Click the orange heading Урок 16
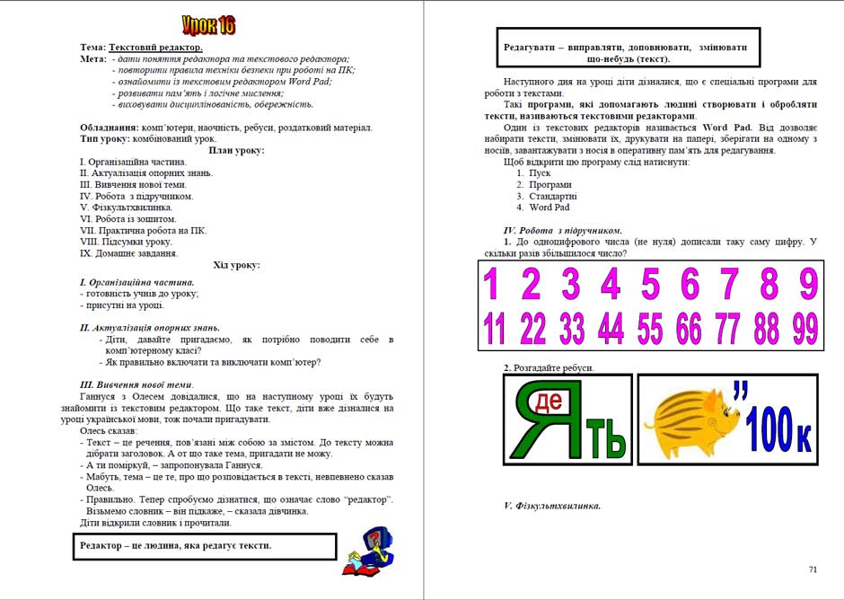coord(208,24)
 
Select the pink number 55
coord(651,329)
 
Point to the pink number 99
coord(805,329)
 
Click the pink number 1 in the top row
coord(492,285)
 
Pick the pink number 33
coord(571,329)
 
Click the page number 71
coord(813,569)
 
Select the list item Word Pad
coord(549,207)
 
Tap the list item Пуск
coord(540,172)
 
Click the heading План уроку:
coord(236,150)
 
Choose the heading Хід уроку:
coord(236,265)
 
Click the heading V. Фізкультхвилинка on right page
coord(552,506)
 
